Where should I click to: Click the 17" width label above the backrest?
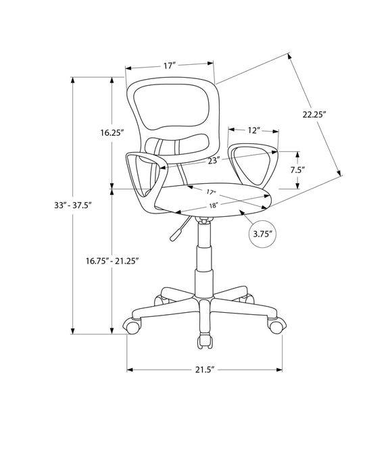169,66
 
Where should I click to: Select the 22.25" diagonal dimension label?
315,115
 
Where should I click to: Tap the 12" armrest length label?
253,130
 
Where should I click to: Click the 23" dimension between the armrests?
195,160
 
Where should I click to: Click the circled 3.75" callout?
262,234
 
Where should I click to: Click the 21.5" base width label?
205,370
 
